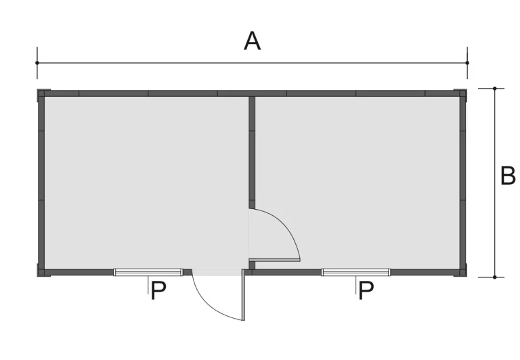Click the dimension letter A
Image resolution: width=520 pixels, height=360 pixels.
pos(252,41)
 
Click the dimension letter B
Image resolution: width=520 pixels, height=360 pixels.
pos(507,176)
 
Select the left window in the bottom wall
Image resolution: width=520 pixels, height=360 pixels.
pos(148,272)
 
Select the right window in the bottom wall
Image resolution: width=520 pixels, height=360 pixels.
pos(356,272)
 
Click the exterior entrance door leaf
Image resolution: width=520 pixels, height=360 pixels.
pos(244,294)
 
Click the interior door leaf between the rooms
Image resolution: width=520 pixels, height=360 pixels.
pos(275,260)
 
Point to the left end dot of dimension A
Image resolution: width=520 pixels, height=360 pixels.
pos(37,63)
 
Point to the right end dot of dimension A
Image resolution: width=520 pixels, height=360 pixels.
pos(467,63)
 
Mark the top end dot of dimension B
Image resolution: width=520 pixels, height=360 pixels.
pos(495,89)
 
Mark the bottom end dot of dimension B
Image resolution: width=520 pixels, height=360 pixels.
pos(495,277)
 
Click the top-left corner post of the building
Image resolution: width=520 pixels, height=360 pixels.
pos(41,93)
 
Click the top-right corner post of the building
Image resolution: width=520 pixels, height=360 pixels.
pos(463,93)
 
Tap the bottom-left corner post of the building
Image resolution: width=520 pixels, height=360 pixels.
pos(41,273)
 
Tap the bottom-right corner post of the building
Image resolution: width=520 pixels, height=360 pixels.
pos(463,273)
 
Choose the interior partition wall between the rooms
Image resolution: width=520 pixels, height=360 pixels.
pos(252,152)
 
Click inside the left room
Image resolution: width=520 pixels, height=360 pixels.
pos(146,182)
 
